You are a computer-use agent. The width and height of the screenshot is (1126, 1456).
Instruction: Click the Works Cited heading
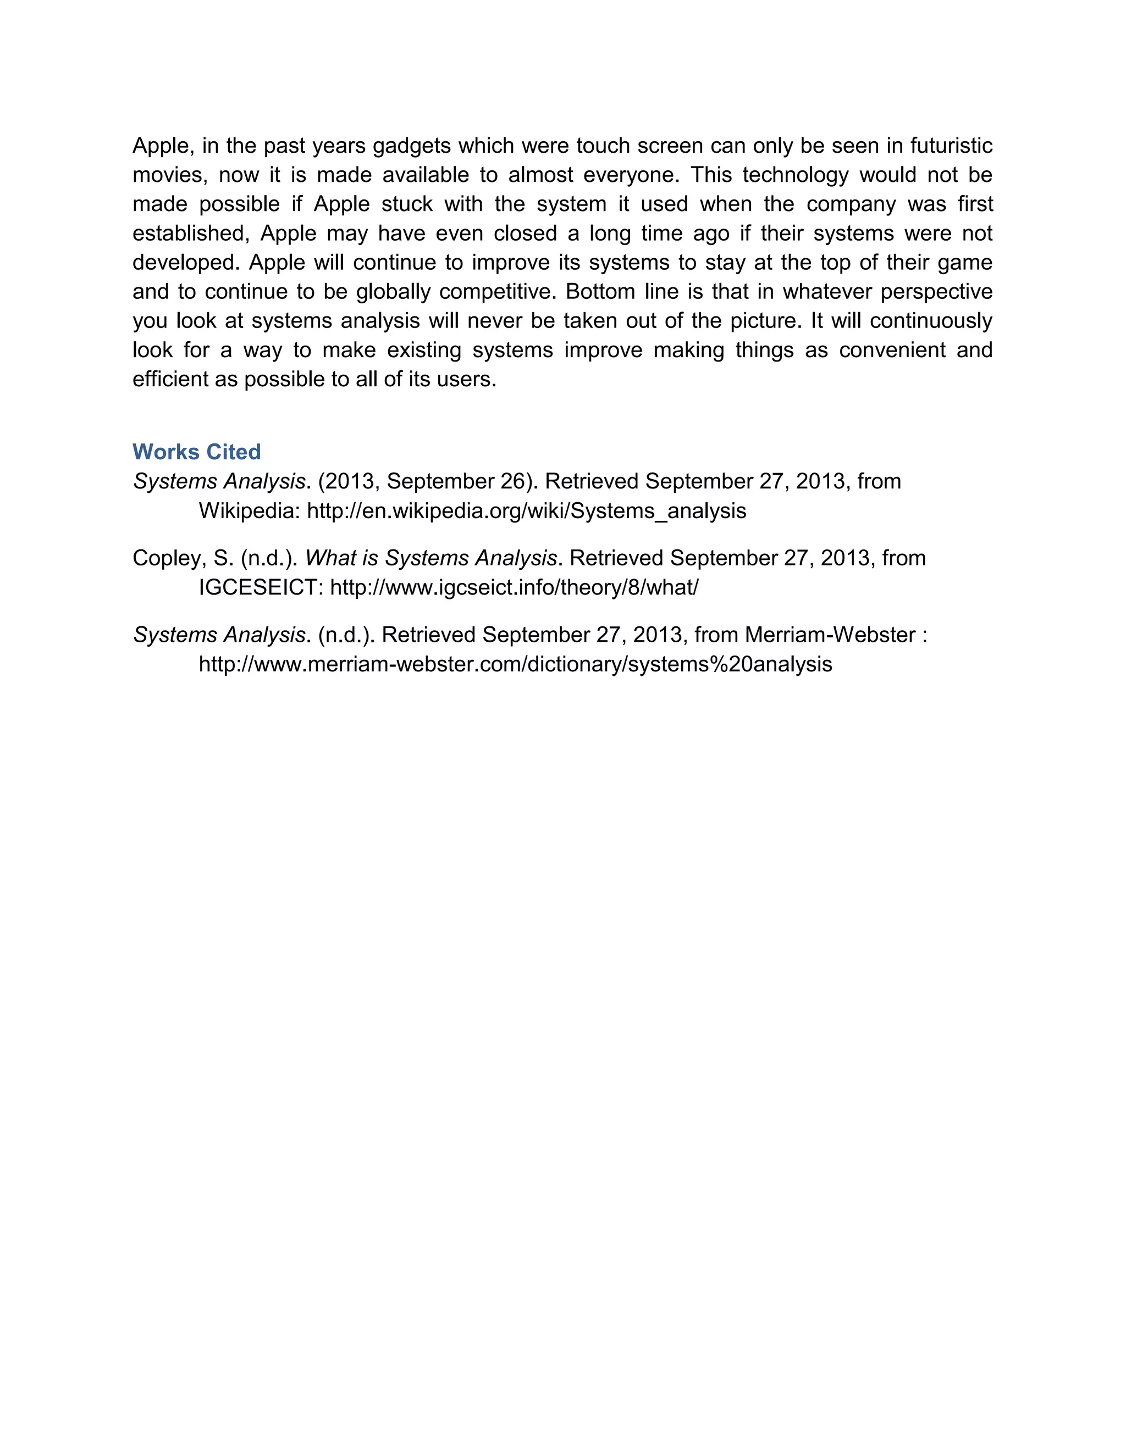196,452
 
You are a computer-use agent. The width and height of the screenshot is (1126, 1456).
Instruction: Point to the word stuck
407,204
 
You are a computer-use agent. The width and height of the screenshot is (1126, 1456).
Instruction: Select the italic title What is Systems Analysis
431,558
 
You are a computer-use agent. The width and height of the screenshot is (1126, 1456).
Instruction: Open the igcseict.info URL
514,588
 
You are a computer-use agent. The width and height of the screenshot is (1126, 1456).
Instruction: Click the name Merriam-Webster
830,635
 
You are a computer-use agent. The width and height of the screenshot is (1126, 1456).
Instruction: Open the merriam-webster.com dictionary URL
515,665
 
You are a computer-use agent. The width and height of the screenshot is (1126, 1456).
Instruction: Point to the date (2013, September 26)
424,481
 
